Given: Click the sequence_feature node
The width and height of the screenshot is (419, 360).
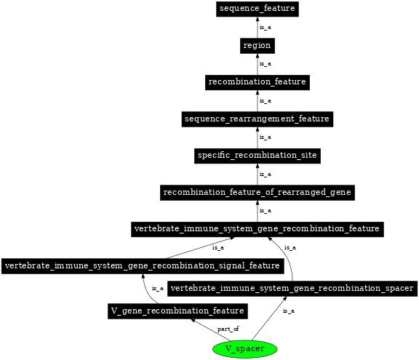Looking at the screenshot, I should point(257,9).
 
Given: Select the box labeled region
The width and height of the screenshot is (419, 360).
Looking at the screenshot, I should point(257,46).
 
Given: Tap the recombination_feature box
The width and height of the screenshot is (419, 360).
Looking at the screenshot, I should point(257,82).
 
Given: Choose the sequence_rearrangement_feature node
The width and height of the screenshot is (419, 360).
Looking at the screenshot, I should point(257,119).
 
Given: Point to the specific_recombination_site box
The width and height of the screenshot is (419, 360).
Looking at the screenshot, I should point(257,156).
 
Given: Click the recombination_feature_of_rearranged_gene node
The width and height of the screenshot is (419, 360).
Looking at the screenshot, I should point(257,193).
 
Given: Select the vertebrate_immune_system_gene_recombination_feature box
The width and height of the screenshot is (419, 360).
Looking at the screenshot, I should point(257,229).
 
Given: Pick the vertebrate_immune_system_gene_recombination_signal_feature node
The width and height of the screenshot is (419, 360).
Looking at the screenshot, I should point(142,265).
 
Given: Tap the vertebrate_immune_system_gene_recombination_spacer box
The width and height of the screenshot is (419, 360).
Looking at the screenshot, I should point(292,289).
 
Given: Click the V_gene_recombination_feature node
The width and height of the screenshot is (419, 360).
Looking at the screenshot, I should point(177,311).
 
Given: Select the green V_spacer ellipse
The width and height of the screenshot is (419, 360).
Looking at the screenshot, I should point(245,349).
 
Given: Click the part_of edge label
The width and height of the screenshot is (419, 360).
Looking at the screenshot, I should point(228,329).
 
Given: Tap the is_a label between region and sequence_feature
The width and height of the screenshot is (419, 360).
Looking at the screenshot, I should point(266,28).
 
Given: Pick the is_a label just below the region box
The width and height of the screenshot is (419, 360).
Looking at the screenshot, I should point(266,64).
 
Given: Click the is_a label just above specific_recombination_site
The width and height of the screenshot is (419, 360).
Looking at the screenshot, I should point(266,137).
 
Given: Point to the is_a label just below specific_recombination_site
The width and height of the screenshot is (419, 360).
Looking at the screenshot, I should point(266,175).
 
